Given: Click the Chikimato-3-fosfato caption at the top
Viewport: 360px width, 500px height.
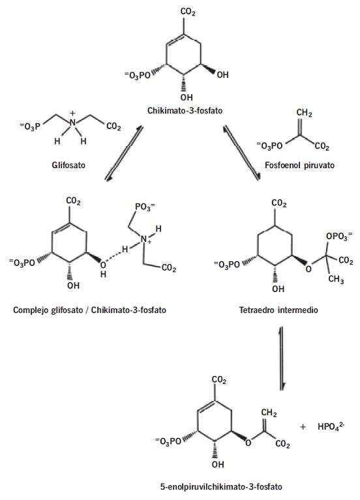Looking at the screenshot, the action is pos(185,111).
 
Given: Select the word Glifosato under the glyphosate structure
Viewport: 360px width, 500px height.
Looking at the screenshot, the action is pos(68,165).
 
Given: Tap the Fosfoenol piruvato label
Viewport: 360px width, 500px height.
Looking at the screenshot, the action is pos(299,165).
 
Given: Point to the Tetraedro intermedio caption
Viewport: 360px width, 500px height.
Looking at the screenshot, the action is pos(278,310).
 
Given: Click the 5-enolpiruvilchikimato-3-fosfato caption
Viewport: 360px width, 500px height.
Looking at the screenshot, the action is pos(221,486).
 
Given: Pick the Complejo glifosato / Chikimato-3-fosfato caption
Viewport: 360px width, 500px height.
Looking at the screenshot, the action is pos(90,310).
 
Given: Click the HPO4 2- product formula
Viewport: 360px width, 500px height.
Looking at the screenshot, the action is pos(331,426).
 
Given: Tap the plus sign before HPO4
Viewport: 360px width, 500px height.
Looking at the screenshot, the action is pos(303,426).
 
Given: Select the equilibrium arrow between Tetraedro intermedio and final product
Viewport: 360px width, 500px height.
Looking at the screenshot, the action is pos(282,358).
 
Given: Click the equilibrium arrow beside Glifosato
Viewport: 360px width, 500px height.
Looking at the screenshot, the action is pos(125,154).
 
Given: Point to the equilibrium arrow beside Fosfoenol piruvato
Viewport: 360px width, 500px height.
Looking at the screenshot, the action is pos(241,154).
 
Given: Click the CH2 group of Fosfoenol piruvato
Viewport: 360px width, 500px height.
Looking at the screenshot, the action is pos(304,113).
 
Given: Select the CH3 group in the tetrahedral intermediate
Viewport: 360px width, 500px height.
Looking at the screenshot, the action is pos(336,280).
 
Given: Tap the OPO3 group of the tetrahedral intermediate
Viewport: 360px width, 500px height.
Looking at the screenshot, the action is pos(339,237).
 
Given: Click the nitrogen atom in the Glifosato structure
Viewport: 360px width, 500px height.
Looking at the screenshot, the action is pos(73,123).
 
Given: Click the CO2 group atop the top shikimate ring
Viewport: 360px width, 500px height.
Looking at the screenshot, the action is pos(188,12).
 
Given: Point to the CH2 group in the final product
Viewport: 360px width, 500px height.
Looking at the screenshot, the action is pos(269,413).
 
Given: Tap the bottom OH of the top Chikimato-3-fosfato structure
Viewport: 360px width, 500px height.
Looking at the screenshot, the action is pos(187,97).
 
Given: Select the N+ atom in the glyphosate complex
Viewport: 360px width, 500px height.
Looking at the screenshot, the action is pos(145,240).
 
